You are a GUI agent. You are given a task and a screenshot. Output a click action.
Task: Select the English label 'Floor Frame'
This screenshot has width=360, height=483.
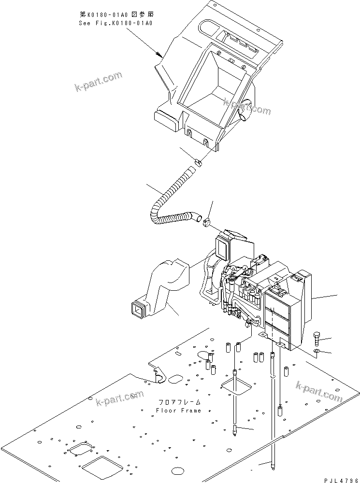pos(178,410)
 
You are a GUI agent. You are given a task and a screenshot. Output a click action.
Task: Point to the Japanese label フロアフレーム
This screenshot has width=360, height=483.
pos(178,402)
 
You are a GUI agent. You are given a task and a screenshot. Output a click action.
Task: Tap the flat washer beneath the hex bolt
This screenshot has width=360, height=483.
pos(317,350)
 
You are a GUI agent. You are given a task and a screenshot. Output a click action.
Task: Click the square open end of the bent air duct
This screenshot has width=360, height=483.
pos(138,310)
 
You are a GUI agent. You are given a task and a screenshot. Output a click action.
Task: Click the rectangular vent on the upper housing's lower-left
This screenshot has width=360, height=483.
pos(165,119)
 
